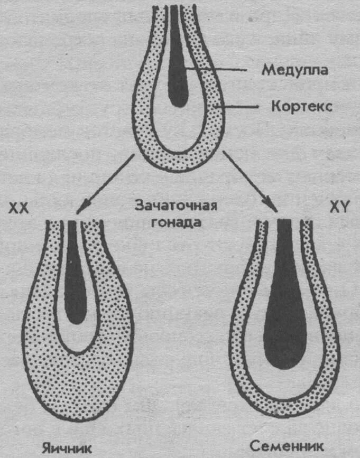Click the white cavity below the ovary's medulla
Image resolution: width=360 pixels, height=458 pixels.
point(76,338)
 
